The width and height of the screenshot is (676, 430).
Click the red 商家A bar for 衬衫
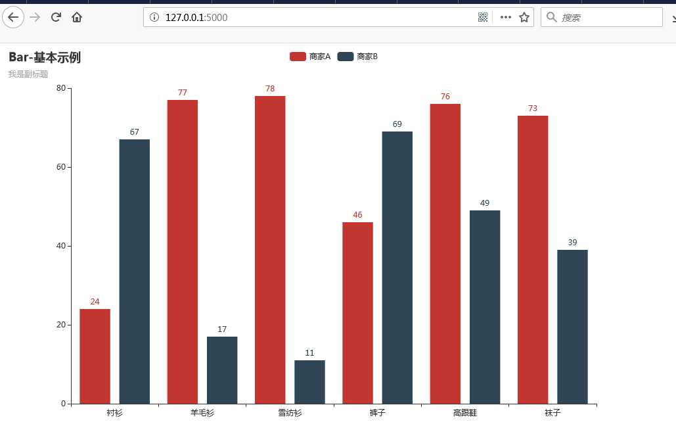coord(95,356)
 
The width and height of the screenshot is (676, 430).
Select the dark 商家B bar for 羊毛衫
coord(222,370)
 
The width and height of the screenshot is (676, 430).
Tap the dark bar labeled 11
coord(309,381)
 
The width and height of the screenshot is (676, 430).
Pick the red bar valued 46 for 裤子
coord(357,312)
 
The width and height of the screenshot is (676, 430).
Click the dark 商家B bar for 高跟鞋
coord(485,306)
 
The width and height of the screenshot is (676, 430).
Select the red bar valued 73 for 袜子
coord(533,259)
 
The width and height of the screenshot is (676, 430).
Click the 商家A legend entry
coord(310,57)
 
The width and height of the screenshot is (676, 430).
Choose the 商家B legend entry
coord(358,57)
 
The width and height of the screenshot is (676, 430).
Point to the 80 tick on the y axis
coord(60,87)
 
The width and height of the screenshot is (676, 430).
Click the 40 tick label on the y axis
coord(60,246)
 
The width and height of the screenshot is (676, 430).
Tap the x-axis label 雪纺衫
coord(290,414)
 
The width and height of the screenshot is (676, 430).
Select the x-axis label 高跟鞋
coord(465,414)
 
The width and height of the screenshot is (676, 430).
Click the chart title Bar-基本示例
coord(45,58)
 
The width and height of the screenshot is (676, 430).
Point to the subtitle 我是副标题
coord(28,74)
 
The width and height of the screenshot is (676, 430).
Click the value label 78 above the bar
coord(270,89)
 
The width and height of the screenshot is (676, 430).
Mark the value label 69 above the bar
coord(397,124)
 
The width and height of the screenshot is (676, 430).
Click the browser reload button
coord(56,17)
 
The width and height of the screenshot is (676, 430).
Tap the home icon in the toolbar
coord(77,17)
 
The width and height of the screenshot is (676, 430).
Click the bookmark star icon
coord(524,17)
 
